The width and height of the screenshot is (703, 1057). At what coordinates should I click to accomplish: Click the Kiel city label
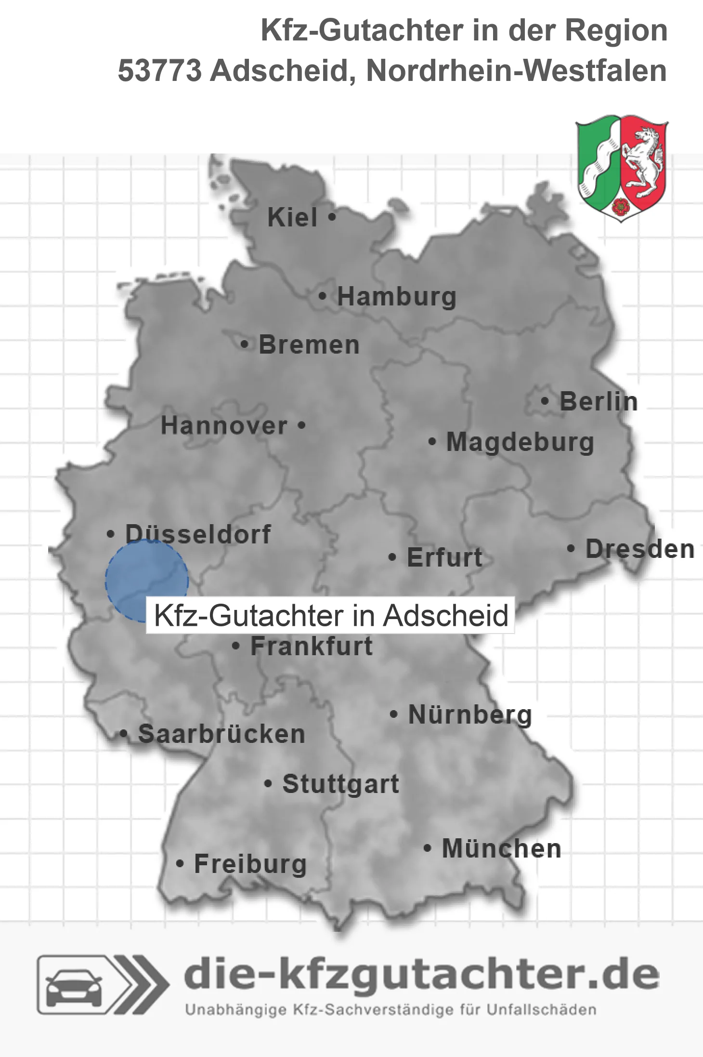[292, 217]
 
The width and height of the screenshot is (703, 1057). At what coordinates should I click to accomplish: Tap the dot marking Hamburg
[323, 296]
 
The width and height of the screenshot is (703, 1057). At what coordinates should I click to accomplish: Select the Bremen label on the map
[309, 345]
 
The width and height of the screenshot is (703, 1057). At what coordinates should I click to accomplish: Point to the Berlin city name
[599, 401]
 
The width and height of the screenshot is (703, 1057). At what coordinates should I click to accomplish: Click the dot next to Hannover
[301, 425]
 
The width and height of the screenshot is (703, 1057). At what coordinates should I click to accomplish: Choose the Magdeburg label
[520, 442]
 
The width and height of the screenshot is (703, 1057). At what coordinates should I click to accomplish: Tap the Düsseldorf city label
[198, 534]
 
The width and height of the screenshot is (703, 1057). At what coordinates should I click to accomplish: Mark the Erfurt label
[444, 557]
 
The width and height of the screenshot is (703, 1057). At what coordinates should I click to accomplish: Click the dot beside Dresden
[571, 548]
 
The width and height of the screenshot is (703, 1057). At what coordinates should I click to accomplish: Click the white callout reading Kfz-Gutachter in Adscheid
[331, 615]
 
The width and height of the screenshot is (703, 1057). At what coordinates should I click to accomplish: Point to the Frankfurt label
[312, 646]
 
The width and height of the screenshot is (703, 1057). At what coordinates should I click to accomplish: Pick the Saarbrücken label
[221, 734]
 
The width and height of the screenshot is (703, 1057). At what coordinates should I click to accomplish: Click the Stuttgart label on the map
[340, 784]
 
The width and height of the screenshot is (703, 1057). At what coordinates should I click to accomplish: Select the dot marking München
[427, 848]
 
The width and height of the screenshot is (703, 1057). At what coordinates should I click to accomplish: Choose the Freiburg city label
[250, 864]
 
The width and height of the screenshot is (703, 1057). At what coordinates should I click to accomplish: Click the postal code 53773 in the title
[160, 71]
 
